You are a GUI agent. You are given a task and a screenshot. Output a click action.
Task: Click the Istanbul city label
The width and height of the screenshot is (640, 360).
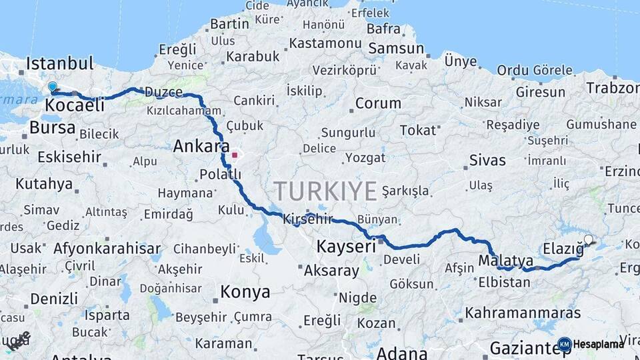tap(60, 64)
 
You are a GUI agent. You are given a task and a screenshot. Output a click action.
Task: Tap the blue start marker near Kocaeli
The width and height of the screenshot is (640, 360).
tap(53, 86)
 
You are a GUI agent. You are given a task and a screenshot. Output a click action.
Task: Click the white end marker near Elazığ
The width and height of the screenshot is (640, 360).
tap(588, 240)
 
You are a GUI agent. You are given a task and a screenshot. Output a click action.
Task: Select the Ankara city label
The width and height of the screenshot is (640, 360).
tap(201, 146)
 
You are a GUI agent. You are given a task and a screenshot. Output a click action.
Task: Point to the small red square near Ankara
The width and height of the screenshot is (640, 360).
tap(235, 155)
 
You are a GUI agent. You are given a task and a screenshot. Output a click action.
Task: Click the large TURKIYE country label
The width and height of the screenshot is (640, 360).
tap(325, 191)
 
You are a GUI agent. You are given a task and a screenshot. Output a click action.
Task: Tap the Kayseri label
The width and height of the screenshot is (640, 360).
tap(346, 245)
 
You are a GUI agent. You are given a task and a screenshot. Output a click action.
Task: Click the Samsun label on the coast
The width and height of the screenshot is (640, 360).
tap(396, 48)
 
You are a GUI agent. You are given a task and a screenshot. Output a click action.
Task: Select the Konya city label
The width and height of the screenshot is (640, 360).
tap(245, 292)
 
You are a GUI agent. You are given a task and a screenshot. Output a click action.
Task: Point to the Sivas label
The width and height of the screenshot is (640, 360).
tap(487, 160)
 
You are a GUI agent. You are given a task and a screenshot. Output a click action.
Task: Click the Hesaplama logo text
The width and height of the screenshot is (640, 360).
tap(598, 344)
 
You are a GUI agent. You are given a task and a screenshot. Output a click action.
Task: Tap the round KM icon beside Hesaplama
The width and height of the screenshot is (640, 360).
tap(564, 344)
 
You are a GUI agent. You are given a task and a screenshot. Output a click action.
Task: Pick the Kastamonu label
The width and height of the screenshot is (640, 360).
tap(325, 43)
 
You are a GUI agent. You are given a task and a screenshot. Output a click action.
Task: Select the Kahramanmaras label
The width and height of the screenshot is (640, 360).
tap(523, 312)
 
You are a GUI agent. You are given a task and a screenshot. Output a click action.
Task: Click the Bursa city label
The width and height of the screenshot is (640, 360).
tap(53, 127)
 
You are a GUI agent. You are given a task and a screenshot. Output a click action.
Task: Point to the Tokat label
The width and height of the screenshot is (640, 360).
tap(417, 131)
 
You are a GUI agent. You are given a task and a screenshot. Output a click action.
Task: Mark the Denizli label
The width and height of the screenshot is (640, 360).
tap(54, 298)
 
